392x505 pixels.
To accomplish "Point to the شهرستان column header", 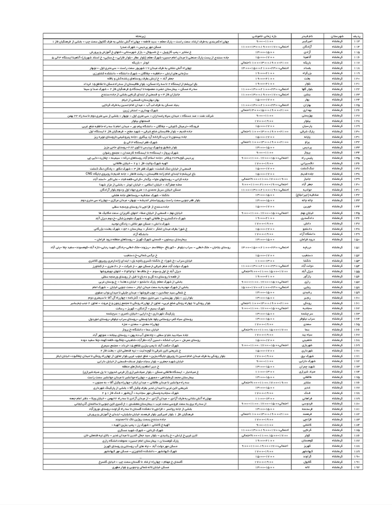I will [x=337, y=36].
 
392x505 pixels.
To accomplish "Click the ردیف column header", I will [x=357, y=36].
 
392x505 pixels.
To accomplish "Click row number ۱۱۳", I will [x=357, y=41].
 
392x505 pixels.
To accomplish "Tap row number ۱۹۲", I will [x=357, y=467].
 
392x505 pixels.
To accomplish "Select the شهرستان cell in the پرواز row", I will [x=337, y=152].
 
